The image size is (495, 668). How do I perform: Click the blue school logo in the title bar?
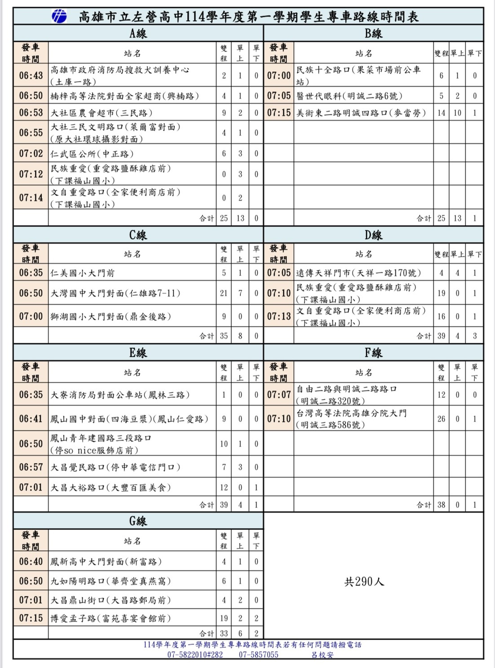[x=59, y=17]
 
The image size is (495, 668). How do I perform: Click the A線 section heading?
[x=138, y=33]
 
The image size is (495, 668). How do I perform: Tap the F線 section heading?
[x=373, y=353]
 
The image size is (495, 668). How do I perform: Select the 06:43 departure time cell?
[x=31, y=76]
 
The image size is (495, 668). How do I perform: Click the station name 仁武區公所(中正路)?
[x=92, y=154]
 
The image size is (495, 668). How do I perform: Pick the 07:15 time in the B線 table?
[x=279, y=113]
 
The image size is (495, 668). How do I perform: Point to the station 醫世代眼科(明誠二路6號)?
[x=349, y=96]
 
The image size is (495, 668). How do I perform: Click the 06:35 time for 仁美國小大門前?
[x=31, y=273]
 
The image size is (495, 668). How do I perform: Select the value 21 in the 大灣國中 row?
[x=224, y=293]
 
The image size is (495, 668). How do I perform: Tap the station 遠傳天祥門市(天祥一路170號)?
[x=358, y=273]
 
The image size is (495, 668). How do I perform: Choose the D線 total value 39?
[x=441, y=336]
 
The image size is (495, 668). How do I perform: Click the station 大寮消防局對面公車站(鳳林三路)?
[x=120, y=395]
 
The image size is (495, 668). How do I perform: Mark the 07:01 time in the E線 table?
[x=31, y=487]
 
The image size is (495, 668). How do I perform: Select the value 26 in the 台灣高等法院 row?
[x=441, y=419]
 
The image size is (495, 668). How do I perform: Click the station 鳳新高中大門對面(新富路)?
[x=106, y=561]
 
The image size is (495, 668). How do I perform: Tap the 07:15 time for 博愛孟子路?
[x=31, y=618]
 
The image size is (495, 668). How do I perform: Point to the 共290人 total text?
[x=364, y=582]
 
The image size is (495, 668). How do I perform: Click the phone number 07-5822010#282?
[x=195, y=655]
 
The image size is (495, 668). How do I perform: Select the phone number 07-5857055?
[x=258, y=655]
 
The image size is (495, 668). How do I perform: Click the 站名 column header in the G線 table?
[x=132, y=541]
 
